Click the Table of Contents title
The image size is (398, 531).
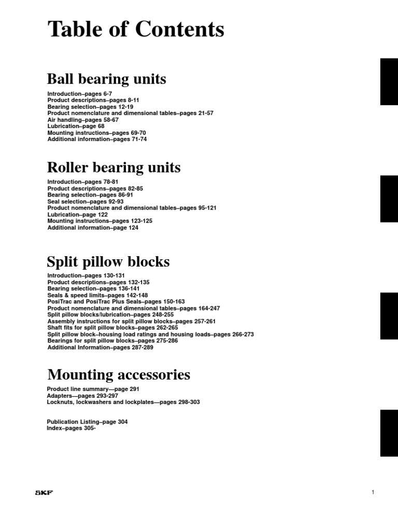click(x=136, y=30)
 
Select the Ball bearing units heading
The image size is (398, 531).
click(x=107, y=79)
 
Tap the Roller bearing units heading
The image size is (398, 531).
click(x=114, y=167)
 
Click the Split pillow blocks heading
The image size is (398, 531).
click(x=108, y=261)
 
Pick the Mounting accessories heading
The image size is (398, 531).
click(x=119, y=374)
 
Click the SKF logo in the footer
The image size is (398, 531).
click(x=44, y=493)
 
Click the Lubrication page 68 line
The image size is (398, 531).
click(x=76, y=126)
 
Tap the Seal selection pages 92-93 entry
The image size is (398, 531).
click(x=86, y=201)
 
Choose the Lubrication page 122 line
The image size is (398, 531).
click(x=77, y=214)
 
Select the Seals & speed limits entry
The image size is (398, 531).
click(x=97, y=295)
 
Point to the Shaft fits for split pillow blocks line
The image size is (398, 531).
click(x=112, y=328)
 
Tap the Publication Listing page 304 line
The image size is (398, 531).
click(x=87, y=422)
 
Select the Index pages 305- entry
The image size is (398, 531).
click(x=72, y=428)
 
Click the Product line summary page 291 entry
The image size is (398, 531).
click(x=93, y=389)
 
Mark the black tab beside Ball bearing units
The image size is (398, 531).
click(x=389, y=82)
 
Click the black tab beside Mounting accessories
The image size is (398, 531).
click(x=389, y=433)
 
